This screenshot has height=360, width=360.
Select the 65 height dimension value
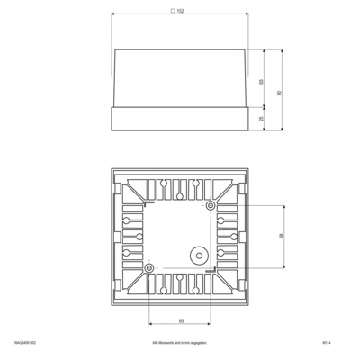261,81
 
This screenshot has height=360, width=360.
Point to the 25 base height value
261,118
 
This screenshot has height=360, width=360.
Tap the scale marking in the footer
340,343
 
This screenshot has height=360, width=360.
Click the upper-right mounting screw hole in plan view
211,206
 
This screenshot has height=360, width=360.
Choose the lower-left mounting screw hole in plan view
149,267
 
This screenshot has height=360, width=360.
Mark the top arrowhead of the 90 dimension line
282,49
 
